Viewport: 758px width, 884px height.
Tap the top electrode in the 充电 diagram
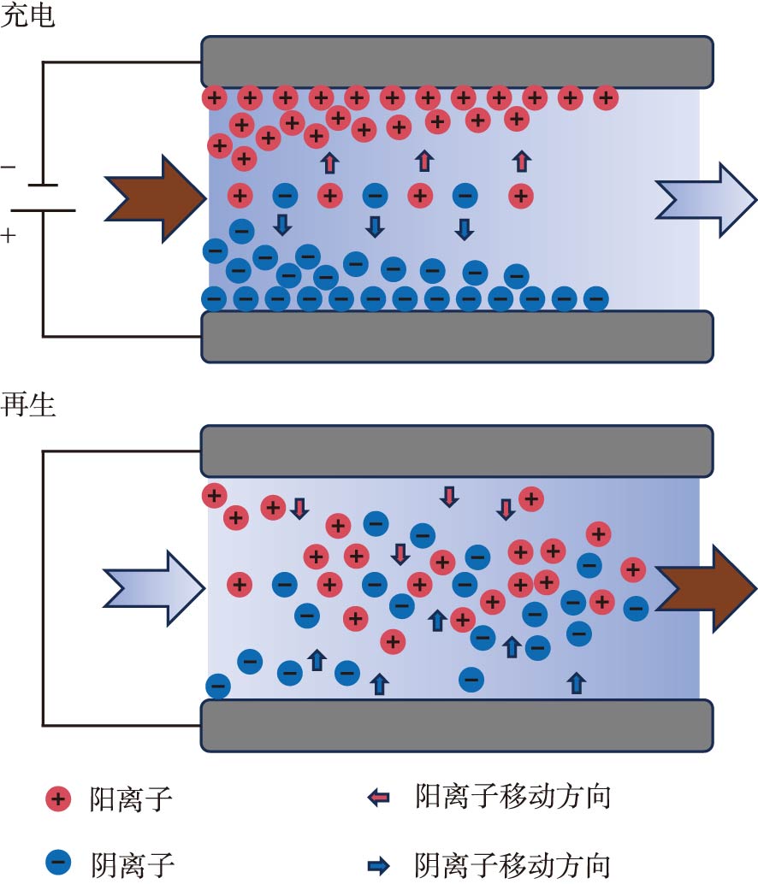[x=457, y=62]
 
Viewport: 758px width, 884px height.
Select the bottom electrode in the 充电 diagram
[x=457, y=336]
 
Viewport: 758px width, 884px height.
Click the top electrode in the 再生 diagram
[x=457, y=451]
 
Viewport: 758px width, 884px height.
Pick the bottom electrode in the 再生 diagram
[x=457, y=725]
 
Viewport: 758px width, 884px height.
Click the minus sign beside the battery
[x=8, y=167]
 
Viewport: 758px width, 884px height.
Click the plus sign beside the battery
[x=9, y=233]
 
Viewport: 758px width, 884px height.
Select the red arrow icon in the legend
[x=378, y=799]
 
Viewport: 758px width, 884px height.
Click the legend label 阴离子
[x=132, y=863]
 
